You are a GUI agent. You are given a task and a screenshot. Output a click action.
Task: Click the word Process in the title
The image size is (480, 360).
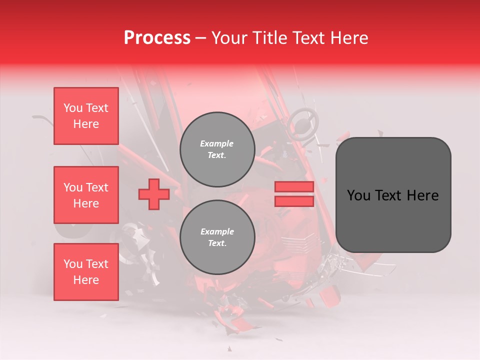point(157,38)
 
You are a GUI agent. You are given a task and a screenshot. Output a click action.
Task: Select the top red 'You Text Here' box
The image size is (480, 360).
point(86,116)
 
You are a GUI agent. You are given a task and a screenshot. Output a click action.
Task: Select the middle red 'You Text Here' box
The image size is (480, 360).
point(86,195)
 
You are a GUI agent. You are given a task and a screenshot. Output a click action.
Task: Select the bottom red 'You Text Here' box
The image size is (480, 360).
point(86,272)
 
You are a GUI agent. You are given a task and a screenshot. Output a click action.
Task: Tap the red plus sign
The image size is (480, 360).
point(154,194)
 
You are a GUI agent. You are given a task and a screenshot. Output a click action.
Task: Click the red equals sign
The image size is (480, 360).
point(294,194)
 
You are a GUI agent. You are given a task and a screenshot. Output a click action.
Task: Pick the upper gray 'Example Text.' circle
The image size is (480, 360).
point(217,149)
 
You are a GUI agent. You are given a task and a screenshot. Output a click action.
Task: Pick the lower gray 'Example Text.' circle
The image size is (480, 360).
point(217,237)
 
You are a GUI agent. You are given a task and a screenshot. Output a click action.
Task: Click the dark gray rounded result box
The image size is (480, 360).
point(393,195)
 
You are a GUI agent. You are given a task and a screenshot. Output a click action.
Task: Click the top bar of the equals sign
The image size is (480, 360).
point(294,187)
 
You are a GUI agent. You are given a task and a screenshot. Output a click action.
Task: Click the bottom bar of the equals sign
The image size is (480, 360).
point(294,201)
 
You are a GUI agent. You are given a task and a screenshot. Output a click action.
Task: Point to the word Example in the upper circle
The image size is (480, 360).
point(217,143)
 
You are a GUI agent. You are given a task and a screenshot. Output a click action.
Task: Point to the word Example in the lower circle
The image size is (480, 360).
point(217,231)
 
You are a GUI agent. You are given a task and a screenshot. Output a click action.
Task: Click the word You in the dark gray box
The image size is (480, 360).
point(358,195)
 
